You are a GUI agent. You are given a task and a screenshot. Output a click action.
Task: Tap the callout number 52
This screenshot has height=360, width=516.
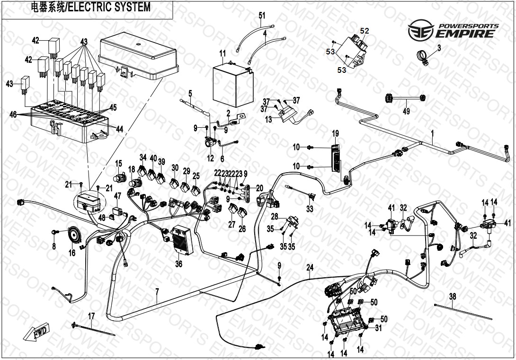(365, 31)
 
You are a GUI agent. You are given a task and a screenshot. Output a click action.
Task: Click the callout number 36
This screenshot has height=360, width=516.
(178, 264)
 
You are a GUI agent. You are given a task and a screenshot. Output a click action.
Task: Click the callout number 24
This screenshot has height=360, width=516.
(310, 267)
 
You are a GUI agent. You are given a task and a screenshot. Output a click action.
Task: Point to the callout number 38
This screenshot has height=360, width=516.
(453, 296)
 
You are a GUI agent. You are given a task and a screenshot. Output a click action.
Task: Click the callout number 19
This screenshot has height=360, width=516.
(335, 133)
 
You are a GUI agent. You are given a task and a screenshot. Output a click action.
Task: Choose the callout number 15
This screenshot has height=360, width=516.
(119, 164)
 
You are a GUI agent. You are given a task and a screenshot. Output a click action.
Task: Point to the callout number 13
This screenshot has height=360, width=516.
(269, 120)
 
